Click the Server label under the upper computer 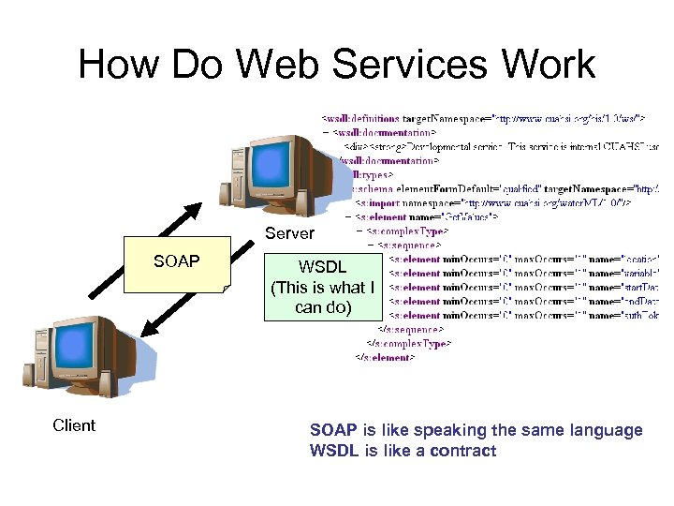coord(289,233)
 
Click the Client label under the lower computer coord(74,425)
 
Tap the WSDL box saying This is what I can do coord(321,288)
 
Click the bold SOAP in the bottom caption coord(333,430)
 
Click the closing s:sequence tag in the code coord(410,330)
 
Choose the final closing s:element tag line coord(383,358)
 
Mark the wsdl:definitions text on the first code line coord(361,119)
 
